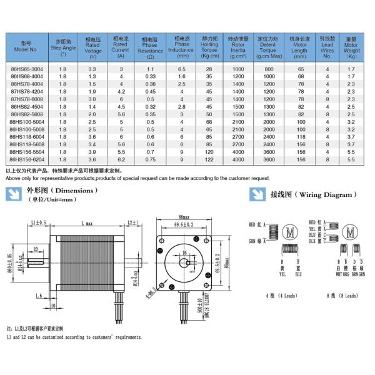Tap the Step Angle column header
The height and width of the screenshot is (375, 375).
point(62,47)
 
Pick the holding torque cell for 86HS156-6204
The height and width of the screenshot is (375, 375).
point(209,159)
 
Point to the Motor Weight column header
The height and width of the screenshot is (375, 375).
point(351,47)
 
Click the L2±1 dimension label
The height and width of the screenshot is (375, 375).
point(132,222)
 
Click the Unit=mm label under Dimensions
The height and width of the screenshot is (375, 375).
point(54,199)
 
